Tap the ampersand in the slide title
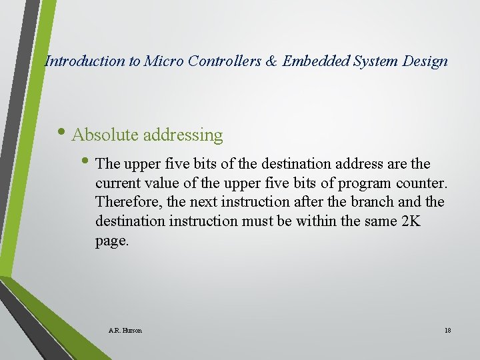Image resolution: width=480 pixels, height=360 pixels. click(271, 61)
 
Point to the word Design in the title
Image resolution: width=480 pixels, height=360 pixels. click(425, 61)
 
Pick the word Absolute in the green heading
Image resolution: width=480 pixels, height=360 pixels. click(105, 135)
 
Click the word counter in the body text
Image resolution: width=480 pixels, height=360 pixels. click(425, 183)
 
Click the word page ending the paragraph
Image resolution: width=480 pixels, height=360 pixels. click(111, 241)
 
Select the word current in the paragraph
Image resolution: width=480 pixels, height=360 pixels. click(117, 183)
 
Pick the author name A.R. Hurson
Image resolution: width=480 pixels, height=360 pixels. click(125, 331)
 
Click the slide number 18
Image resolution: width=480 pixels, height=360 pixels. click(447, 331)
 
